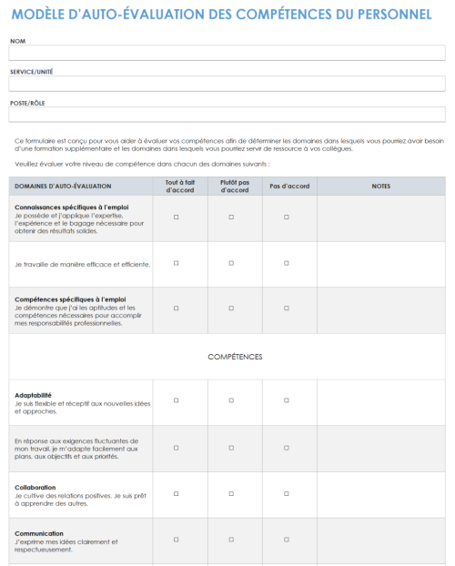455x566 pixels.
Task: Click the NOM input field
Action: tap(227, 53)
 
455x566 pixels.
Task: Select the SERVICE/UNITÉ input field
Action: tap(227, 84)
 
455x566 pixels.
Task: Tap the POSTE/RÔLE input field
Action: tap(227, 115)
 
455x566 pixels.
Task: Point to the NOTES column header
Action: tap(381, 186)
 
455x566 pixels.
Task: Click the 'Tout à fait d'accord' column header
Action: tap(176, 186)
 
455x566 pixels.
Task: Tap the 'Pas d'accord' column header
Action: tap(289, 186)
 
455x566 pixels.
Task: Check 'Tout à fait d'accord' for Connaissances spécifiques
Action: tap(176, 217)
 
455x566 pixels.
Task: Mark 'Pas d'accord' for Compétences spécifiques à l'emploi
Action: tap(287, 309)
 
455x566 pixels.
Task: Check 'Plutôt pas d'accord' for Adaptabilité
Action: tap(231, 400)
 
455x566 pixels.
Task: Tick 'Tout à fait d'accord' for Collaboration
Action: tap(176, 492)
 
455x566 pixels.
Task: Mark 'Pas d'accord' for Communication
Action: tap(287, 539)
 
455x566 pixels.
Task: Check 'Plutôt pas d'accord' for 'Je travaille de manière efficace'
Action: tap(231, 263)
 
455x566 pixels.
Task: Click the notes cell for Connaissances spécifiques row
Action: tap(381, 218)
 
